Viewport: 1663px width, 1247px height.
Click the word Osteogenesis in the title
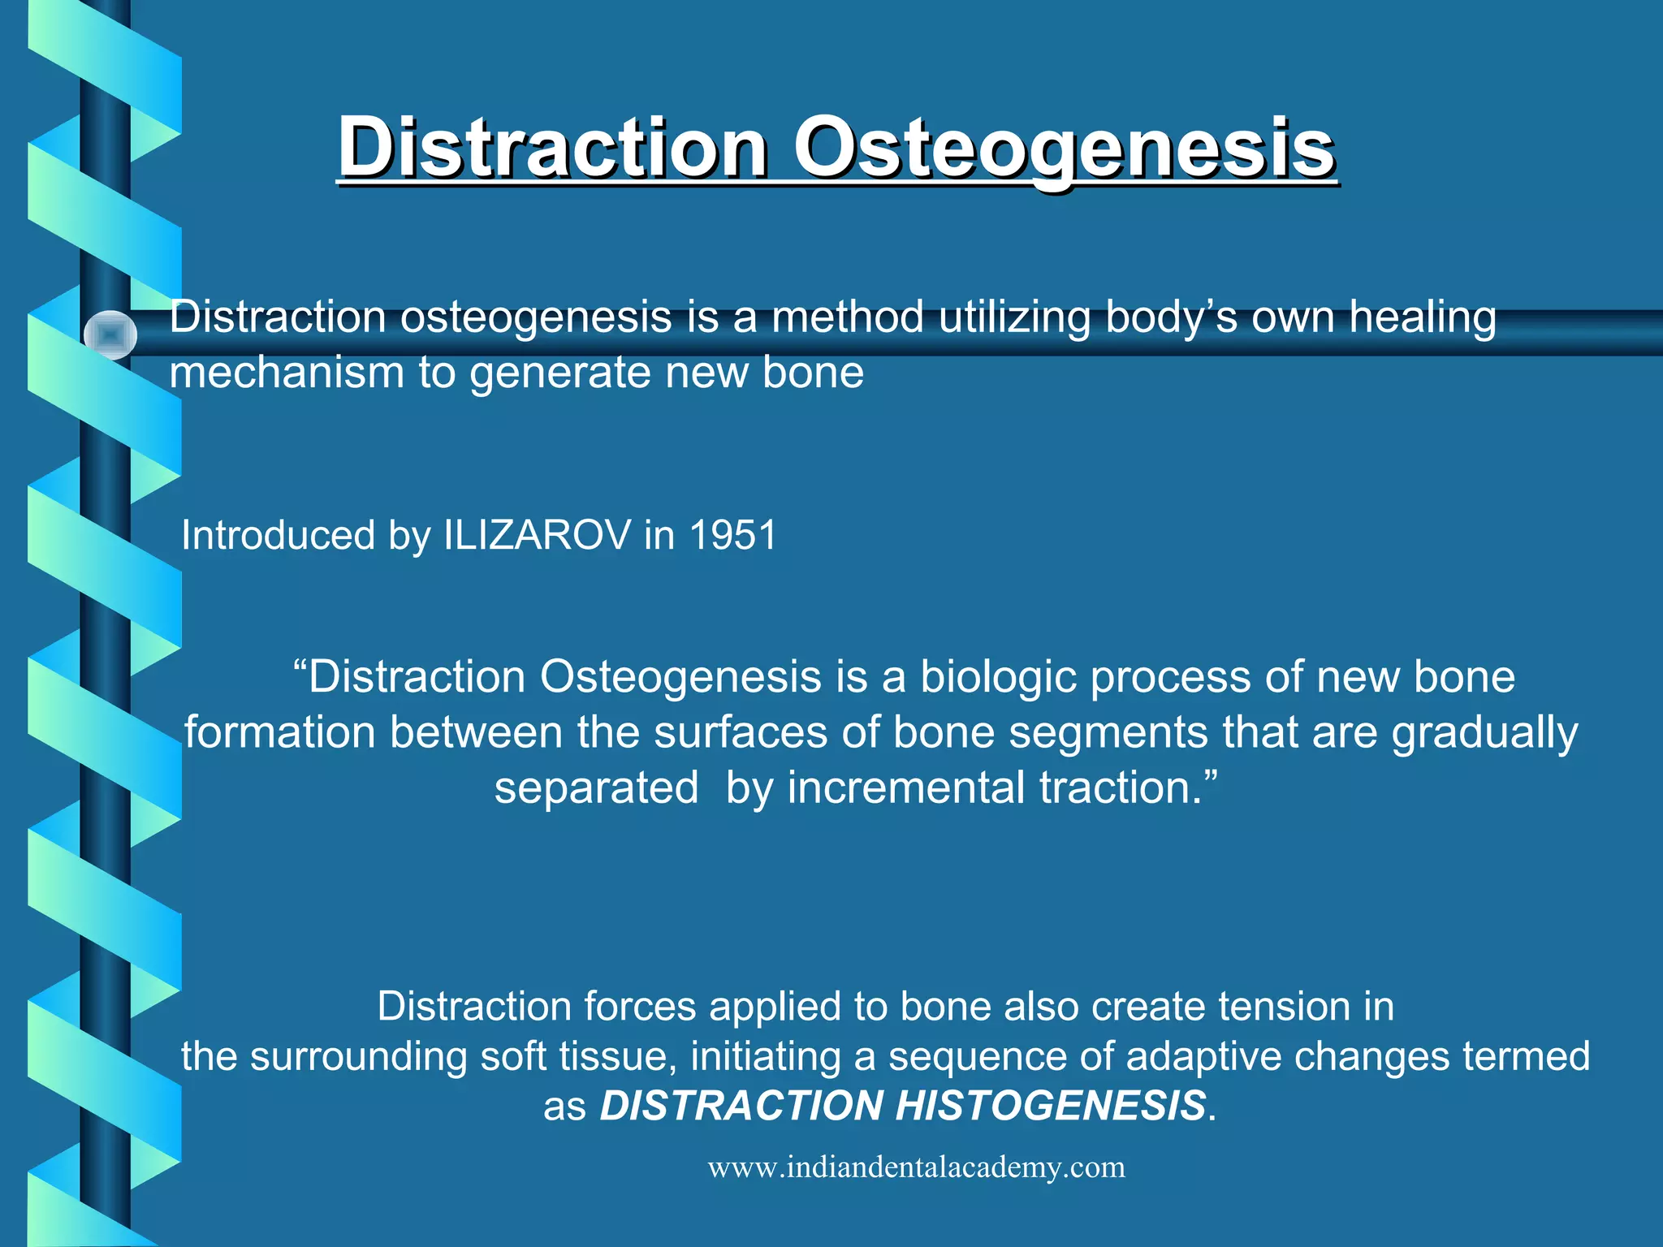point(1064,149)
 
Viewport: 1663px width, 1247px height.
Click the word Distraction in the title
point(553,149)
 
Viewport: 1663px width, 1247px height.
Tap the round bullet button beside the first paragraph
point(110,334)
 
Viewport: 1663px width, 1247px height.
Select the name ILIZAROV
point(537,536)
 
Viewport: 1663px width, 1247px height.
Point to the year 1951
point(733,536)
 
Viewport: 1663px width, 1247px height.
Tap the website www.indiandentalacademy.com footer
point(916,1167)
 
